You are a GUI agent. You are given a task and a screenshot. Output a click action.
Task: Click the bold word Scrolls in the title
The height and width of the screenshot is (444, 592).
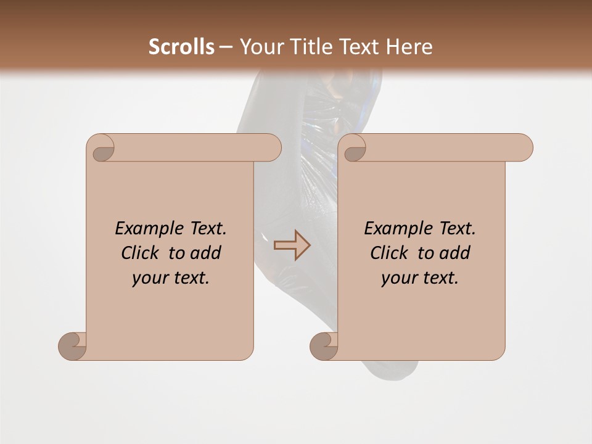[181, 47]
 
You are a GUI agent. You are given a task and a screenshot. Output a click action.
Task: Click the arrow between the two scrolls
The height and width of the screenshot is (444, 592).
[292, 245]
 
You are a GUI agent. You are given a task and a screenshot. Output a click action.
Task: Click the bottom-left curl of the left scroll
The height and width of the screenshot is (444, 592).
[73, 346]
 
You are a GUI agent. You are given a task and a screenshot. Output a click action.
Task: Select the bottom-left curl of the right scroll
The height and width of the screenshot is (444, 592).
[324, 346]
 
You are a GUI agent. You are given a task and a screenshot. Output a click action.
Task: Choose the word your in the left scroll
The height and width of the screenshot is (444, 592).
[149, 278]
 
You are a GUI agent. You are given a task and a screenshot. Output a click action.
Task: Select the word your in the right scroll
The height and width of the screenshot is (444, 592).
[398, 278]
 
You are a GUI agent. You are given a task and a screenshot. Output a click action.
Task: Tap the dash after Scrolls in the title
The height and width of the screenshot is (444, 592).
[226, 47]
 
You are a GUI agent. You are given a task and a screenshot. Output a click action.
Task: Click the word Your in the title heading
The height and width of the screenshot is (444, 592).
[260, 47]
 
